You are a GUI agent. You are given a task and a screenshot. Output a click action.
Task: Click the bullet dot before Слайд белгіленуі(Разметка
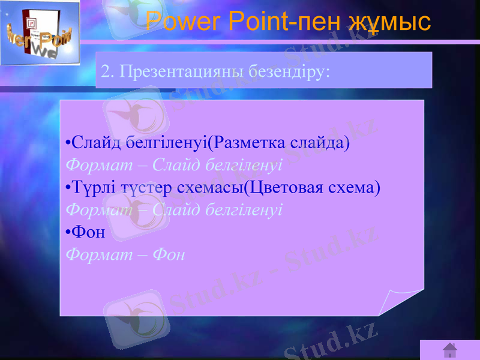pos(68,143)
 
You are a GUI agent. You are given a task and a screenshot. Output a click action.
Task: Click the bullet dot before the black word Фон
pos(68,232)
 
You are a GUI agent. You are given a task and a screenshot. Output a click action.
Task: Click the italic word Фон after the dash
pos(169,254)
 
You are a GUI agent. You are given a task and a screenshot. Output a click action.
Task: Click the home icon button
pos(450,350)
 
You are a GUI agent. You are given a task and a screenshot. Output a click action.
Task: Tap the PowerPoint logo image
pos(40,33)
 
